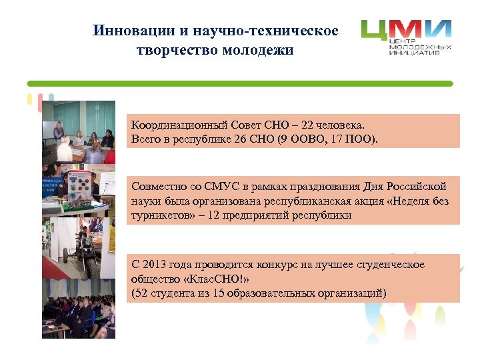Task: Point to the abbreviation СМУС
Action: [218, 186]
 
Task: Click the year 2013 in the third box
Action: [155, 265]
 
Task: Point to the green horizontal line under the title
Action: [240, 83]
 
